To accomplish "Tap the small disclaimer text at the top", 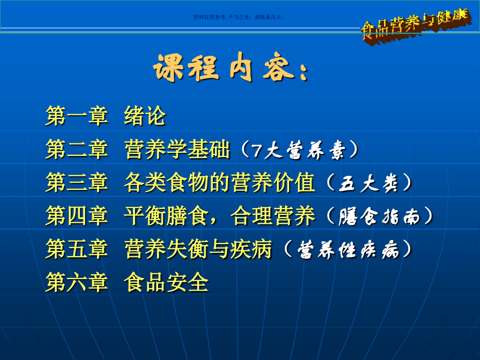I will (x=238, y=17).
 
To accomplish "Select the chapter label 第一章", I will (x=77, y=116).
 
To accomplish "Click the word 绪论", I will (x=145, y=116).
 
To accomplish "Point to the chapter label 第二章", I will (x=77, y=150).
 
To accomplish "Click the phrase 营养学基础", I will (x=177, y=150).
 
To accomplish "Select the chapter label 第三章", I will (x=77, y=184).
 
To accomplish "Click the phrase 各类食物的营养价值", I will (x=220, y=184).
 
